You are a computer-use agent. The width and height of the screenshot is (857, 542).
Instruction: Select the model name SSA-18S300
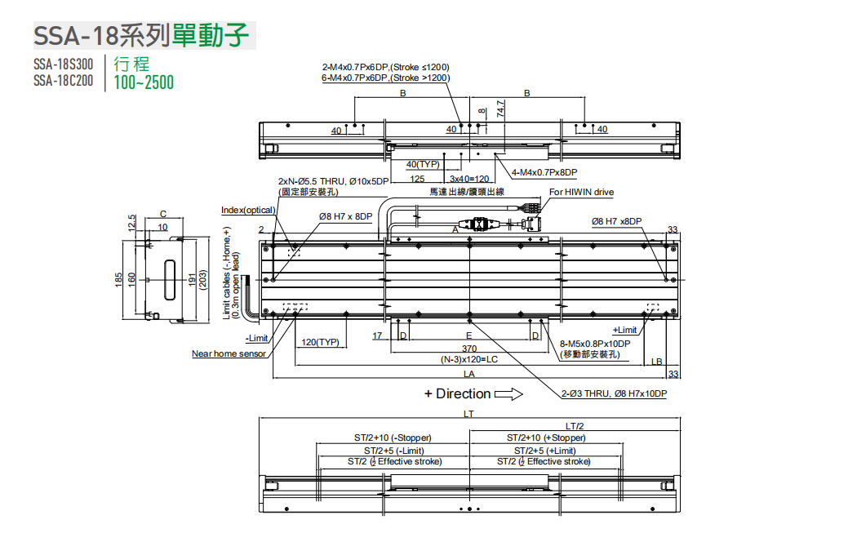(x=64, y=64)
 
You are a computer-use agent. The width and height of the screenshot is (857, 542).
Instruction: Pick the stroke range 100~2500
(x=144, y=82)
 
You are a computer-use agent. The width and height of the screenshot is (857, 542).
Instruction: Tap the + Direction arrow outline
(x=508, y=394)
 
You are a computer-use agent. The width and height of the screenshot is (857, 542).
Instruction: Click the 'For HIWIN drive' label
(x=581, y=193)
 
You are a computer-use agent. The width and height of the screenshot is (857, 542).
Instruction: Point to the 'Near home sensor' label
(x=229, y=353)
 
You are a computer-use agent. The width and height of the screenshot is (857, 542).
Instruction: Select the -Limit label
(x=257, y=338)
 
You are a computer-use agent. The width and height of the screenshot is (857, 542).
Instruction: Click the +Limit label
(x=624, y=330)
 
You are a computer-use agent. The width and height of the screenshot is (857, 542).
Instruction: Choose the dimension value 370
(x=469, y=349)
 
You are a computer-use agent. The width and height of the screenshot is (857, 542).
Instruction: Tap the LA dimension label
(x=469, y=374)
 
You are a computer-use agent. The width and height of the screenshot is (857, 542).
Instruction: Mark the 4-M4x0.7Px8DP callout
(x=544, y=172)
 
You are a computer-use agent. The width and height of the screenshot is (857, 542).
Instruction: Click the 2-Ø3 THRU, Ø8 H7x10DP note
(x=614, y=393)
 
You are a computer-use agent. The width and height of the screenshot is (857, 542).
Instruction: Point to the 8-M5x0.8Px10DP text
(x=596, y=344)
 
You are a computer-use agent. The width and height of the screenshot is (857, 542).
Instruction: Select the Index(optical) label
(x=248, y=211)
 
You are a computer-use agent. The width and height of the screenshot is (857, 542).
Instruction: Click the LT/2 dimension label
(x=575, y=426)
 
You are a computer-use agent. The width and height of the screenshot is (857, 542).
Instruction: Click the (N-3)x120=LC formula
(x=469, y=359)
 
